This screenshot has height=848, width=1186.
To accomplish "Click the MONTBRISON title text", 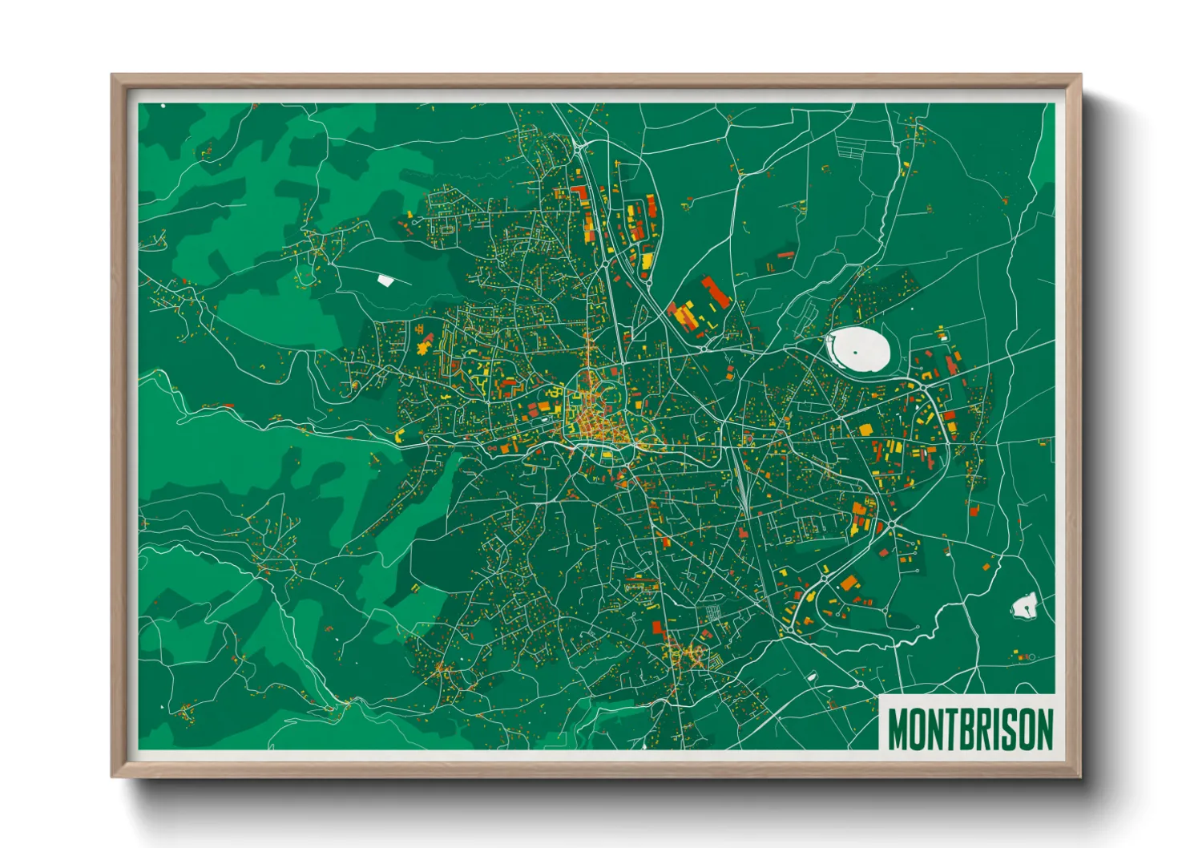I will [970, 729].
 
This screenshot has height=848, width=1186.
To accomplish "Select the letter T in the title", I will [948, 729].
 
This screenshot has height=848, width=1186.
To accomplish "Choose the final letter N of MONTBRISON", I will [1044, 729].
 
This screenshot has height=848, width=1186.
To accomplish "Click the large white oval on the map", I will [857, 350].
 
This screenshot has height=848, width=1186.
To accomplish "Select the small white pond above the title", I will [1024, 606].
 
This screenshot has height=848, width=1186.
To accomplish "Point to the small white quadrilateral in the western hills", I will [385, 280].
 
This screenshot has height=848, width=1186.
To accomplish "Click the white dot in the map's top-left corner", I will [163, 105].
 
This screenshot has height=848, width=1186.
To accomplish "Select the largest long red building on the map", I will [715, 292].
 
